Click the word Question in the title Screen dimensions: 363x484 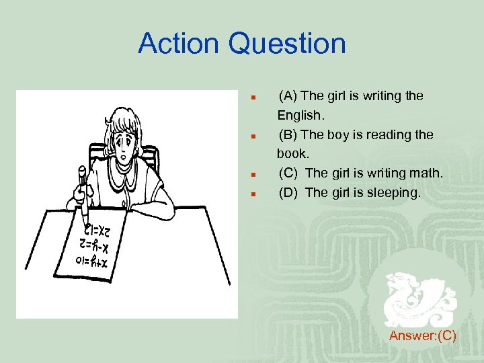click(x=287, y=44)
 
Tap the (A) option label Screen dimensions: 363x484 click(x=290, y=96)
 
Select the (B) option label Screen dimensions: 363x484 click(x=290, y=135)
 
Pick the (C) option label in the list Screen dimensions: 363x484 click(x=290, y=173)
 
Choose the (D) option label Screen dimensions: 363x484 click(x=290, y=193)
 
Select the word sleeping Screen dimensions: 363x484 click(x=395, y=193)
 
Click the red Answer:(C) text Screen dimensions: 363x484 click(x=422, y=335)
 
